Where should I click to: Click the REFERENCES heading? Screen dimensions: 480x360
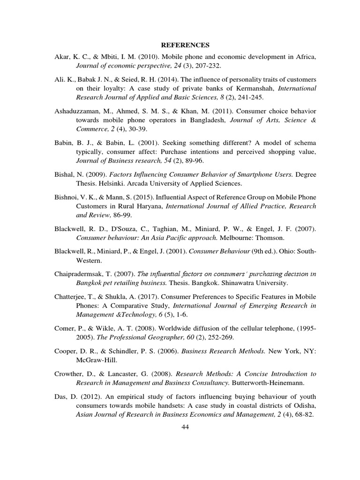185,45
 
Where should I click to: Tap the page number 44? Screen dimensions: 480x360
185,427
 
